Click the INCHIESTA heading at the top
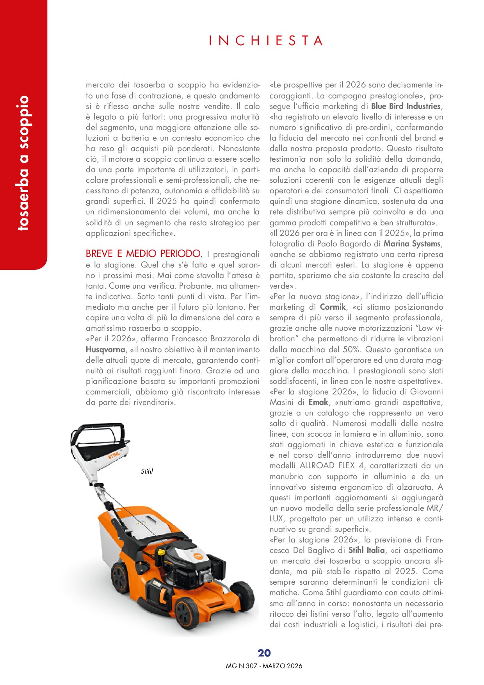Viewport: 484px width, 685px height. coord(266,41)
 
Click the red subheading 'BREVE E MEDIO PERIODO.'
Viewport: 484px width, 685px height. coord(144,254)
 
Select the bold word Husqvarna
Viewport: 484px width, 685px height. coord(105,350)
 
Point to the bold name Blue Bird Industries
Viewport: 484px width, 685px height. coord(406,106)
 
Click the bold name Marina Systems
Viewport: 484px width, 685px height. coord(412,244)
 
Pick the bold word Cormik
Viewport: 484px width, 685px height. coord(333,307)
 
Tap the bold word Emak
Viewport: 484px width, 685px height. coord(318,402)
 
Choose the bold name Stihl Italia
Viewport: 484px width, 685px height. coord(366,550)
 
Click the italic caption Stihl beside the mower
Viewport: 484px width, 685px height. coord(147,471)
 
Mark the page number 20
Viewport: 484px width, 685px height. coord(264,653)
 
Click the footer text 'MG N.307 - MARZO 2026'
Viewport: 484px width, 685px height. coord(264,666)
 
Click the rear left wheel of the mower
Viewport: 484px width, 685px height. coord(119,577)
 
